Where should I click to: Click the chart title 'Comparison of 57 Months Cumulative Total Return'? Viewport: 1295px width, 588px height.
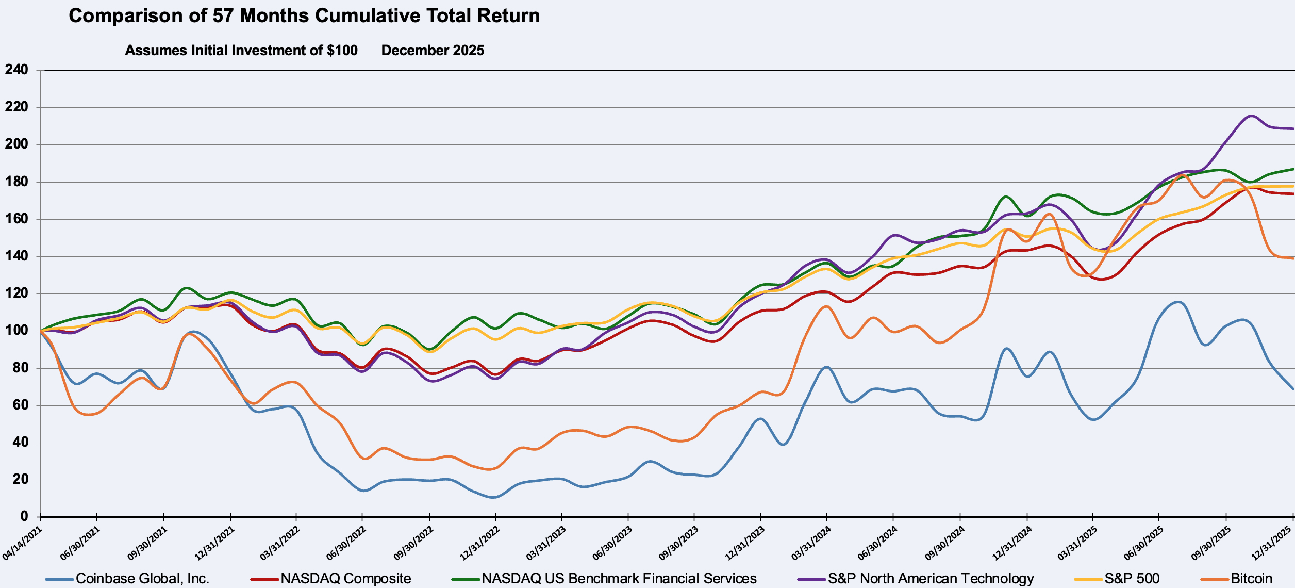[x=304, y=16]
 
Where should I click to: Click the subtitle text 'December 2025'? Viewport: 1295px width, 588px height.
[x=433, y=51]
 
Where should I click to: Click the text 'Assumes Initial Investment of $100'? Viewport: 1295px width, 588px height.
[x=241, y=51]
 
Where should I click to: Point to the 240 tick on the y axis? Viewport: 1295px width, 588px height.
[x=16, y=70]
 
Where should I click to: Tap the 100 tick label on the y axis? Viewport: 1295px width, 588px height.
[x=16, y=331]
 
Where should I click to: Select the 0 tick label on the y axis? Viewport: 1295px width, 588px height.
[x=24, y=516]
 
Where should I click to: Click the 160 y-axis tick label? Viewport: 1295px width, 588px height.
[x=16, y=219]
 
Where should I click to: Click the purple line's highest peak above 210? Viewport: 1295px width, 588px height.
[x=1251, y=116]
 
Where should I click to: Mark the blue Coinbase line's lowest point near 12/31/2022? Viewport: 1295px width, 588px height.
[x=493, y=497]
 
